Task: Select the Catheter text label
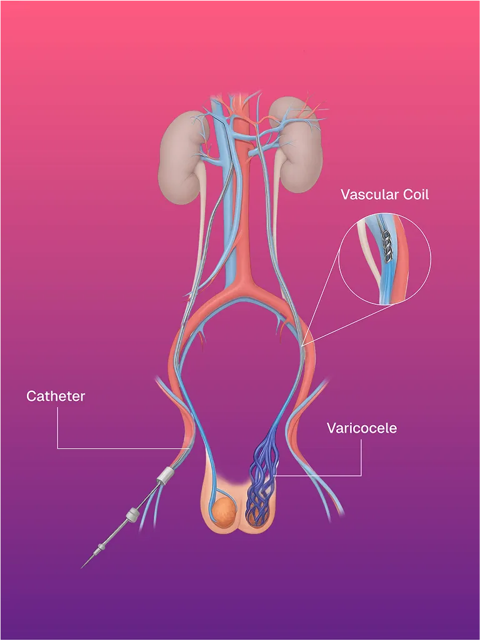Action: (x=56, y=396)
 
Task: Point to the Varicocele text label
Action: (x=361, y=428)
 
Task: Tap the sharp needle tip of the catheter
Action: (x=83, y=566)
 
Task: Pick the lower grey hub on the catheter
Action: (x=131, y=514)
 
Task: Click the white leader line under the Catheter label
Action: (x=57, y=431)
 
